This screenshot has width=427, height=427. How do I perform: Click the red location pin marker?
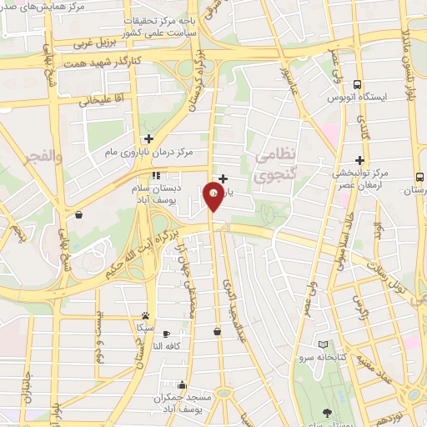point(213,197)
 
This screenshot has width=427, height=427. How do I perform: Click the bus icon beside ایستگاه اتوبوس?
point(357,84)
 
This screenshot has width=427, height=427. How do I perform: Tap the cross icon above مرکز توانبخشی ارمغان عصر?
point(359,160)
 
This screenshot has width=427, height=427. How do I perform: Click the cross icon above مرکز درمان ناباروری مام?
point(148,138)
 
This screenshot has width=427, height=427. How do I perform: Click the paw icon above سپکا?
point(146,316)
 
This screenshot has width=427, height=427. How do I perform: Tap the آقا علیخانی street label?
point(84,101)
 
